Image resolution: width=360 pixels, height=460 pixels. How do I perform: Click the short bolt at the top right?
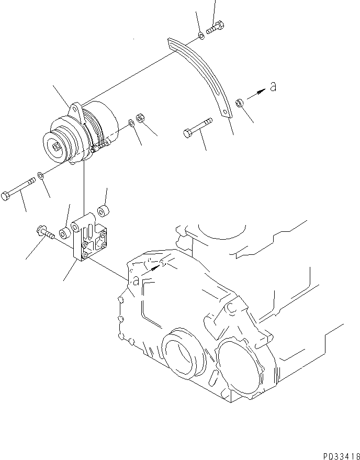216,28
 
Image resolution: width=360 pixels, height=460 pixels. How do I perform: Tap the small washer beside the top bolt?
201,36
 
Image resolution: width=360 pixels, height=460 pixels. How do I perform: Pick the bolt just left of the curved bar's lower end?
198,128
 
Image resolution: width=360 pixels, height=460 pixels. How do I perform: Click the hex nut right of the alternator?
140,118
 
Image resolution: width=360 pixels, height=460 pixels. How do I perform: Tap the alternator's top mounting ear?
75,110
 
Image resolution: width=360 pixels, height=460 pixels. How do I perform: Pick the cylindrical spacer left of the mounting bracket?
63,231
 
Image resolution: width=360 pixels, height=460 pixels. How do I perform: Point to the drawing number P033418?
335,455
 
